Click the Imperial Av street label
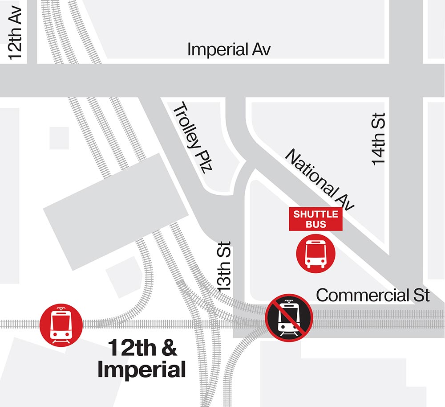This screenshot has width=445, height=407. click(x=229, y=49)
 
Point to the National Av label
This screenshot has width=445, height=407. click(x=319, y=180)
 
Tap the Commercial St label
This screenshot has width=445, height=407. click(x=373, y=295)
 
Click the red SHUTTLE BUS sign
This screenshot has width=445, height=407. click(x=316, y=219)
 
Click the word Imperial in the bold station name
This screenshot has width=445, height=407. click(x=141, y=370)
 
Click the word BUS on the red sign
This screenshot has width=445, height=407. click(x=316, y=224)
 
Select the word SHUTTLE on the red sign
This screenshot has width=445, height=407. click(x=316, y=214)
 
